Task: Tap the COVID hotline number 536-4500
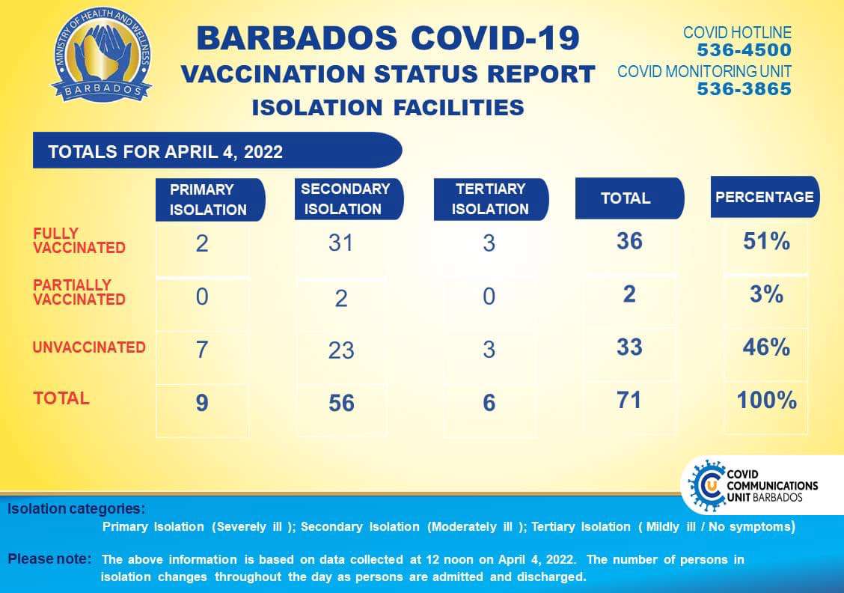744,50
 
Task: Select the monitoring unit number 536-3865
744,89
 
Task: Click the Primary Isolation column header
210,199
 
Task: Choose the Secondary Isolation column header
349,198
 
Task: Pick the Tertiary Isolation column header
491,198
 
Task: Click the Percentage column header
765,197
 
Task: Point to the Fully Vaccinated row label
79,241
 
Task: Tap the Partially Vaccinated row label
79,292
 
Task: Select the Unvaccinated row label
89,347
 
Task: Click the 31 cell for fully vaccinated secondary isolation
340,243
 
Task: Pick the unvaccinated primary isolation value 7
202,350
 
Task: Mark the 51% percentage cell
766,241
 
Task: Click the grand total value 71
629,400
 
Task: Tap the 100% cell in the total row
766,400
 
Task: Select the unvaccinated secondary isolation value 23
341,350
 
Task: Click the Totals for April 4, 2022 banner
218,150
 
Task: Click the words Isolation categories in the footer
76,508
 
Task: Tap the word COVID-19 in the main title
495,39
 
